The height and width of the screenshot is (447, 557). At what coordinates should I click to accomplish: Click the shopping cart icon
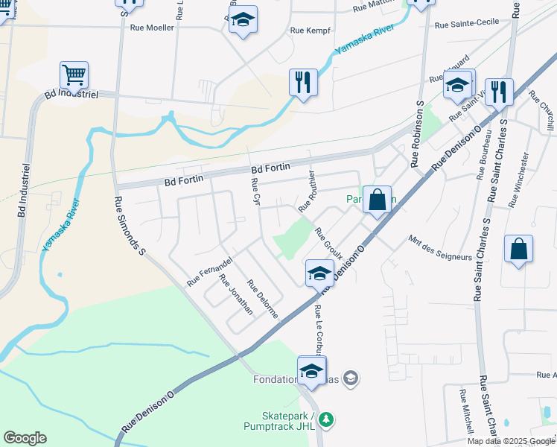74,74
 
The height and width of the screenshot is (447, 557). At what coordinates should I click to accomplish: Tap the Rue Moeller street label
152,28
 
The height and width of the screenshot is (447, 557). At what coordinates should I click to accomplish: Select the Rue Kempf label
310,31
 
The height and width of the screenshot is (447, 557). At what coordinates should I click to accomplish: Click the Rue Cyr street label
255,191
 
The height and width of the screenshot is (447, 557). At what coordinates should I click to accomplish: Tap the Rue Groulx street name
328,244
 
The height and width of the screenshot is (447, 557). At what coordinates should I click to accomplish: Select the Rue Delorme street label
262,299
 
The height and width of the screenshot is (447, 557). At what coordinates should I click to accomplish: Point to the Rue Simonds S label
130,226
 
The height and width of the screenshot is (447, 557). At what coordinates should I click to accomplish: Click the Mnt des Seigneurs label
440,248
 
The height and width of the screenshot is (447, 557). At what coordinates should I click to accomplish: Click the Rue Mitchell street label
466,412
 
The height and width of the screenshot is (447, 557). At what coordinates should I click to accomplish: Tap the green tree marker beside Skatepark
325,421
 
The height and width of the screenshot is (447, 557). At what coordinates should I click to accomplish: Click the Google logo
25,438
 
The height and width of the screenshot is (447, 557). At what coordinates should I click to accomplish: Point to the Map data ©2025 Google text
511,441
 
